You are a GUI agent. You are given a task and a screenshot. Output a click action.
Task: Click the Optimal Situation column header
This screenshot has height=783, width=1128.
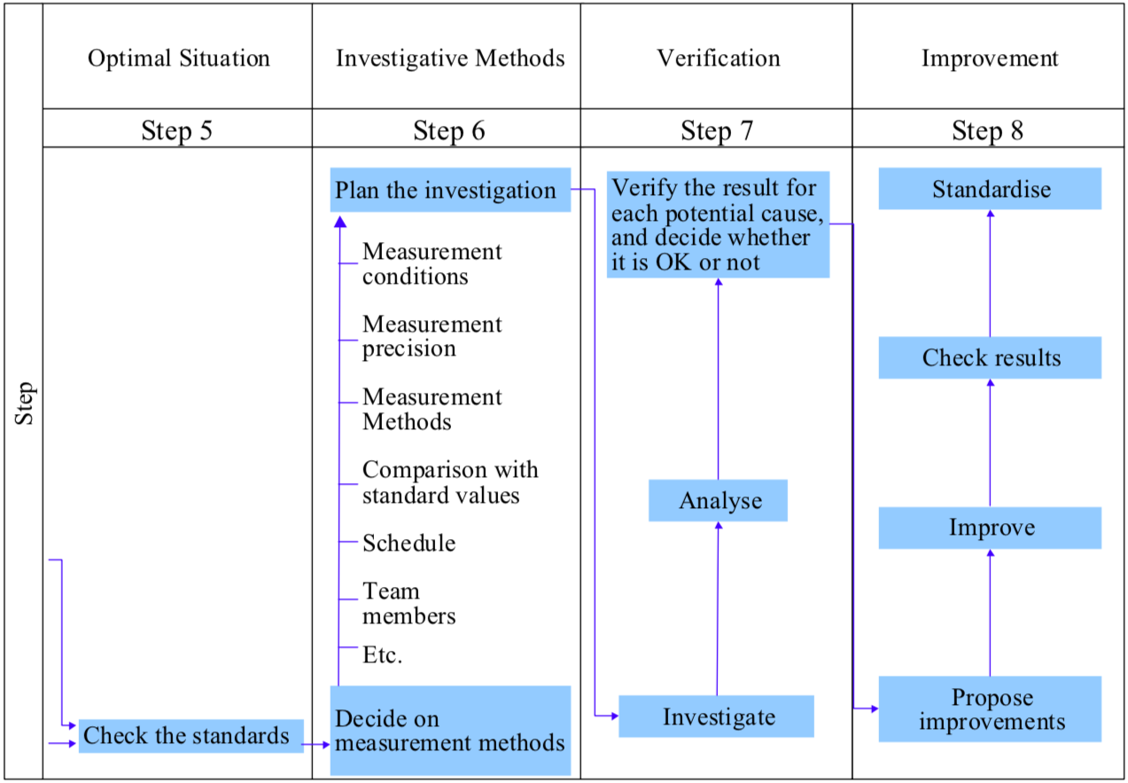[x=178, y=59]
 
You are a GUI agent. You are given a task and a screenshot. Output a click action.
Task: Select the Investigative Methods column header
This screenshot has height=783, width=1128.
[x=449, y=59]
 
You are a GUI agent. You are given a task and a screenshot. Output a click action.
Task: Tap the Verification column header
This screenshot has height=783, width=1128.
[x=718, y=59]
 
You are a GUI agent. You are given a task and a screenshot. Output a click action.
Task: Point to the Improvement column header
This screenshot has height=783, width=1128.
[x=989, y=59]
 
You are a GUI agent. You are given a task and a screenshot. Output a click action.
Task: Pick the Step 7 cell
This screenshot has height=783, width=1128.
[x=717, y=131]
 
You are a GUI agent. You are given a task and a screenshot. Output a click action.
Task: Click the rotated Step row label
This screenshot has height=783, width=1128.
[x=24, y=403]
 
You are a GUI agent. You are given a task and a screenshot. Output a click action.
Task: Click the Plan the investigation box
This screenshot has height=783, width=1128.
[x=450, y=191]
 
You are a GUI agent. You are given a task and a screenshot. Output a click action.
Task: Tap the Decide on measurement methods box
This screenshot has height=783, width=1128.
[x=450, y=730]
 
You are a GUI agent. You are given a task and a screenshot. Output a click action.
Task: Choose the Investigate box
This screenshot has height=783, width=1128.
[x=716, y=716]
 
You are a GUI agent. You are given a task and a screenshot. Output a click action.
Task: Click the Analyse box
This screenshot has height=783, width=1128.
[x=718, y=501]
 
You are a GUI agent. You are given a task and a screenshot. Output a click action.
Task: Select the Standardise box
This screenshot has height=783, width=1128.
[x=990, y=189]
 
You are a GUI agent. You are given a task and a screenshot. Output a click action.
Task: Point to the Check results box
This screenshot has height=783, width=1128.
[x=990, y=357]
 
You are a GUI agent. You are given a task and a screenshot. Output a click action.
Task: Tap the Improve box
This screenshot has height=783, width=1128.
[x=990, y=528]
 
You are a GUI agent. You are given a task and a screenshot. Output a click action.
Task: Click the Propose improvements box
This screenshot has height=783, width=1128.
[x=990, y=709]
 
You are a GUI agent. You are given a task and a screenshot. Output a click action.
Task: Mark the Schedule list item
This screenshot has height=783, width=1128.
[x=408, y=543]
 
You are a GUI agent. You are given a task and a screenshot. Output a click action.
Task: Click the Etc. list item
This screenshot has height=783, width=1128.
[x=382, y=655]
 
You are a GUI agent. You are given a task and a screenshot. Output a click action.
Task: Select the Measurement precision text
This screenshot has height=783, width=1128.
[x=432, y=336]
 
